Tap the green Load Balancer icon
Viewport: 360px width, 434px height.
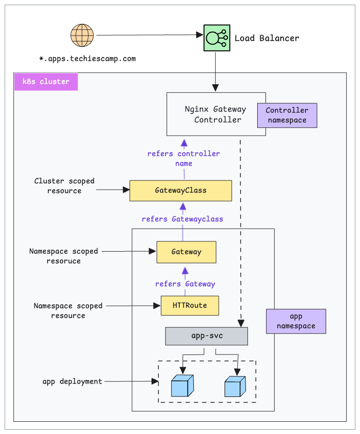click(x=216, y=38)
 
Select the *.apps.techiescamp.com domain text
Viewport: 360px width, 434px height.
click(x=87, y=59)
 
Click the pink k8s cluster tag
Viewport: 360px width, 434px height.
click(x=46, y=81)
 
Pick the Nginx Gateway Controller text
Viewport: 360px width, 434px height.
click(x=215, y=115)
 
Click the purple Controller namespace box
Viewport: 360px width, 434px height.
click(x=287, y=115)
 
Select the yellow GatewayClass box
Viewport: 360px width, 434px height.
click(x=180, y=191)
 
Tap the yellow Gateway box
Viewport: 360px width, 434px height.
click(x=186, y=252)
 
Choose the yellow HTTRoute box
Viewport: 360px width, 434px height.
click(x=189, y=305)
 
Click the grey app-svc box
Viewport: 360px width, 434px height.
click(x=207, y=336)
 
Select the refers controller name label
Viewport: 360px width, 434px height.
click(x=184, y=158)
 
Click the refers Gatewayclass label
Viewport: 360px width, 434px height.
click(x=182, y=219)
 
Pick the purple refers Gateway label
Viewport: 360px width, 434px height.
click(x=185, y=284)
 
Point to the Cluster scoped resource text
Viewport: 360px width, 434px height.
click(x=64, y=186)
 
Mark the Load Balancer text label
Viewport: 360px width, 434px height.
click(x=267, y=38)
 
